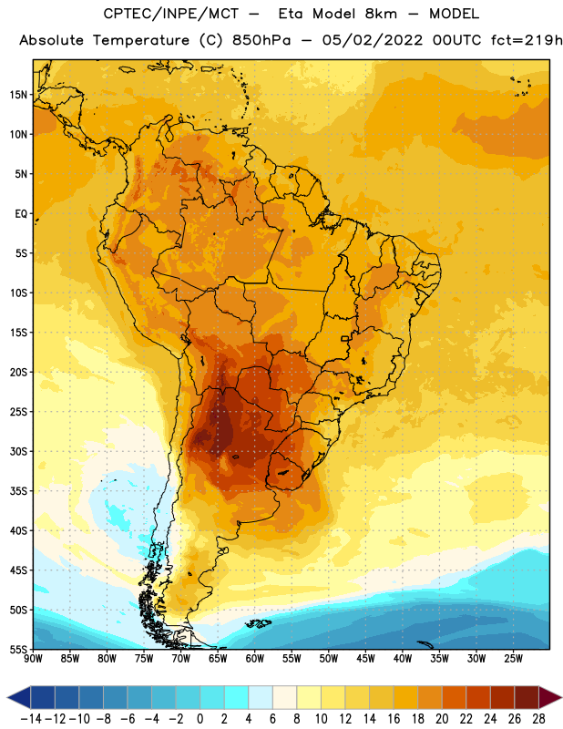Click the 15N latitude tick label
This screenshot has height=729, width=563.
click(x=18, y=95)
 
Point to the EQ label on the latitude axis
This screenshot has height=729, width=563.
click(x=21, y=214)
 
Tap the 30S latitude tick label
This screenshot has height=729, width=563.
click(x=18, y=451)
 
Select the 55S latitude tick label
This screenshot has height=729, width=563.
click(x=18, y=649)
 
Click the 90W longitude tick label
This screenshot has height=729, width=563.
click(x=33, y=659)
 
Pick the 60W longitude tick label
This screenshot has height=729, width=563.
click(x=255, y=659)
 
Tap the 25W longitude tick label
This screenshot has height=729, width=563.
click(x=513, y=659)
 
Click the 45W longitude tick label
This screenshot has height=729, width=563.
click(x=365, y=659)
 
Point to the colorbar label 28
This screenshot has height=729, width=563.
click(x=538, y=719)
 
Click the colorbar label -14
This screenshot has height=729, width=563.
click(x=31, y=719)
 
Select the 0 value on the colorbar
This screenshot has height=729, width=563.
click(x=200, y=719)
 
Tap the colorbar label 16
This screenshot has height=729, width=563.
click(x=394, y=719)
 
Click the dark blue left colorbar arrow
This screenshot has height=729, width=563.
click(x=19, y=697)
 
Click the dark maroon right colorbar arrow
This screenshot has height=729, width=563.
click(x=550, y=697)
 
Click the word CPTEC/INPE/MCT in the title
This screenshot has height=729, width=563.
click(x=171, y=14)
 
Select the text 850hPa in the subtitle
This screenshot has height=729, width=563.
click(x=261, y=40)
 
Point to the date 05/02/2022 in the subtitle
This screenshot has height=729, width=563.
click(x=373, y=40)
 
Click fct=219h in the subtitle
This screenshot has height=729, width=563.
click(x=527, y=40)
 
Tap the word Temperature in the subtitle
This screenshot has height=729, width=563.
click(x=141, y=41)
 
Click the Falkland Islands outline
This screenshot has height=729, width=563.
click(x=259, y=623)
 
